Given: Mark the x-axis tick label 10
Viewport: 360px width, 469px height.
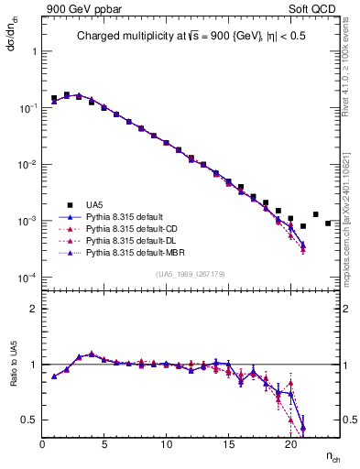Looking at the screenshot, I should (166, 444).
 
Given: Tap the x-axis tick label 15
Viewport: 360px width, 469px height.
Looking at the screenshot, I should (228, 444).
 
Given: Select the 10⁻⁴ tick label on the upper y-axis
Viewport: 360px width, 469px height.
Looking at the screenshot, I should (27, 278).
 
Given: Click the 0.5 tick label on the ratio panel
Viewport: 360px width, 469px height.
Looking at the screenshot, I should (27, 420).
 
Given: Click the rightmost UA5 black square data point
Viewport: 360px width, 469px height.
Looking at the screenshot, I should (328, 223).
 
